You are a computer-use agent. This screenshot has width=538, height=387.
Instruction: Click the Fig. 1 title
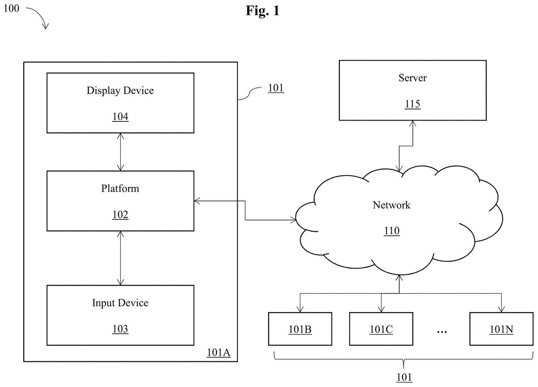(x=262, y=11)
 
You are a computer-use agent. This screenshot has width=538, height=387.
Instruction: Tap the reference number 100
(x=11, y=9)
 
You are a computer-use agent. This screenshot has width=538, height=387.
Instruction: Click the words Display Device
(x=120, y=91)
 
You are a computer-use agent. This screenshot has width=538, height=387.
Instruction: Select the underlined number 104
(x=120, y=117)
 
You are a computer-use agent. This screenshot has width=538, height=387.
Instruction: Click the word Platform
(x=120, y=188)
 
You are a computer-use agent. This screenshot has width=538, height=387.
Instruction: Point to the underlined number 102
(x=120, y=214)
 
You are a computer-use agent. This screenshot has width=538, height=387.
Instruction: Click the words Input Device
(x=120, y=303)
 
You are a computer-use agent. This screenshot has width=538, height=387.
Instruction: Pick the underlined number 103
(x=120, y=329)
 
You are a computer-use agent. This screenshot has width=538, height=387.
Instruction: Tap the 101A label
(x=219, y=352)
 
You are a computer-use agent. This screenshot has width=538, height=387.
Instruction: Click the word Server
(x=412, y=78)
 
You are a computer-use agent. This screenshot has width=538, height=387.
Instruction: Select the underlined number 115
(x=412, y=104)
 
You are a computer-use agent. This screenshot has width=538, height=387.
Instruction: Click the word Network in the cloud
(x=391, y=205)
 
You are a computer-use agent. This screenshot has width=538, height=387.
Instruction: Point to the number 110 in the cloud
(x=392, y=231)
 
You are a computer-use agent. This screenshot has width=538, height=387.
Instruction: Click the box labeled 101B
(x=300, y=329)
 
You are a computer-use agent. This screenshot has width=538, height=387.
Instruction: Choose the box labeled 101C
(x=381, y=329)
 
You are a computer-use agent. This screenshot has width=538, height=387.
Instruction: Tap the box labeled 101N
(x=502, y=329)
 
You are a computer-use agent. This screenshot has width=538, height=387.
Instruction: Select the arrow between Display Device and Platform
(x=120, y=152)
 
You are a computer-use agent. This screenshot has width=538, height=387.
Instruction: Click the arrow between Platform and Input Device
(x=120, y=258)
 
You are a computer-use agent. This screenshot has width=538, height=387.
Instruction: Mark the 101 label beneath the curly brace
(x=404, y=378)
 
